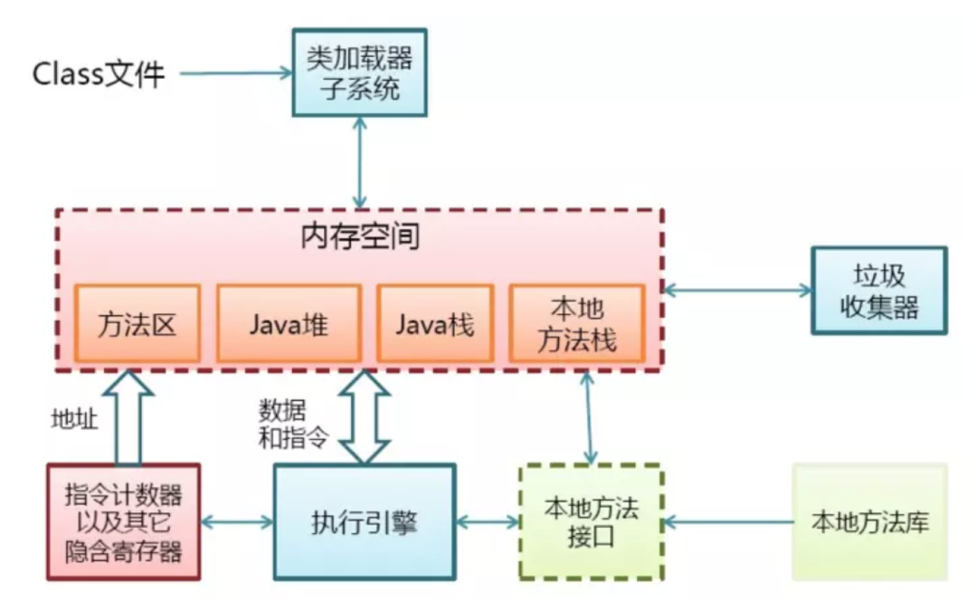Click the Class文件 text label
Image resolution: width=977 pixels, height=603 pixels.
[x=99, y=73]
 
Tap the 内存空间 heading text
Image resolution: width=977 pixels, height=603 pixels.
[x=360, y=238]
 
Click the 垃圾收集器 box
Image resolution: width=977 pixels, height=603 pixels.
[x=878, y=291]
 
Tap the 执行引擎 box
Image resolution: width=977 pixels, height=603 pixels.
[x=365, y=522]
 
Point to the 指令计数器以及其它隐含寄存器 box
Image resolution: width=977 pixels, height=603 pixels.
[x=123, y=522]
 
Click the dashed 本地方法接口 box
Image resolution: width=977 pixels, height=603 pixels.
[x=591, y=522]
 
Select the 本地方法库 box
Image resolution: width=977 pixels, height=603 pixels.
[x=869, y=522]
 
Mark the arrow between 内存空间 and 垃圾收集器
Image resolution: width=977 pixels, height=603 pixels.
[x=738, y=291]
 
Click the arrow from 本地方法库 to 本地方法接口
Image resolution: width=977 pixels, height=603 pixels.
[x=728, y=522]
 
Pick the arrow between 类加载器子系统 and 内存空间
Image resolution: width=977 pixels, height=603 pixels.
[x=360, y=163]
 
